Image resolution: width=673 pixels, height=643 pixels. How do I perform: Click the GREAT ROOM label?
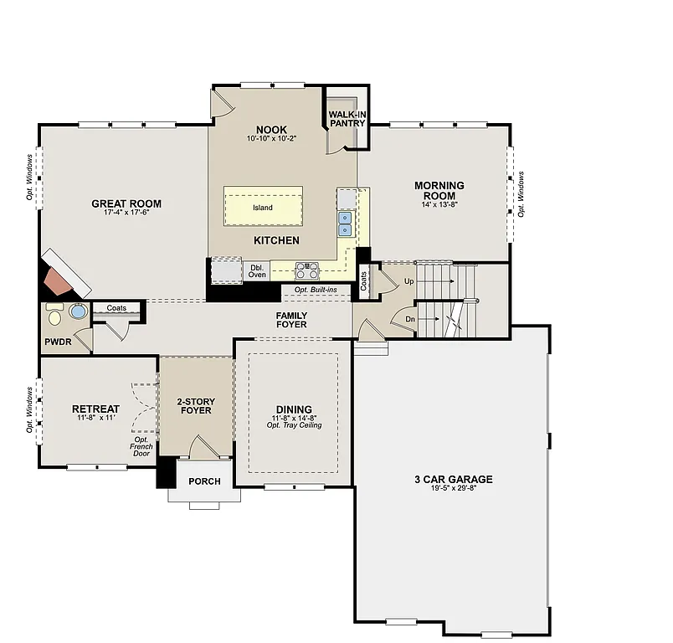[x=126, y=203]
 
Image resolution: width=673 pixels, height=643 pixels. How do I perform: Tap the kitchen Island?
[x=263, y=207]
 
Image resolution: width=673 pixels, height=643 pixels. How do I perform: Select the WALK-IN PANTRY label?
[x=347, y=118]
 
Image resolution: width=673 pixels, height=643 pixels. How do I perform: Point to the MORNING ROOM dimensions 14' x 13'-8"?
[x=439, y=204]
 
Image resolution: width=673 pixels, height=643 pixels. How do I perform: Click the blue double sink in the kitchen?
[x=345, y=223]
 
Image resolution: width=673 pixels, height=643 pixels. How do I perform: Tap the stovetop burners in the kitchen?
[x=307, y=270]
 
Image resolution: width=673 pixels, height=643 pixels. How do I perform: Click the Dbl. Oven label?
[x=257, y=270]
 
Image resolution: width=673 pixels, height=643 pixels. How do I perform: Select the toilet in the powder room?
[x=55, y=315]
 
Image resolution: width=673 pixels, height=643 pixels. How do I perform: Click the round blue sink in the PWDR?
[x=78, y=312]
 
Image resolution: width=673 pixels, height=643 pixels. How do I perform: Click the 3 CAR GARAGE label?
[x=453, y=480]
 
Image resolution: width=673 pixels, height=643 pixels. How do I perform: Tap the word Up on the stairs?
[x=408, y=282]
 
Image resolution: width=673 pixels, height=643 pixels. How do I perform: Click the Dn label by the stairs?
[x=409, y=319]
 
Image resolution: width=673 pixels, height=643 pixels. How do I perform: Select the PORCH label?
[x=204, y=481]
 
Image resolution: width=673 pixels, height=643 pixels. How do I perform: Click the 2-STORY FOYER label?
[x=194, y=405]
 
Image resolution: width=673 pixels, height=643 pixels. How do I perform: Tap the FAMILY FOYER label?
[x=291, y=320]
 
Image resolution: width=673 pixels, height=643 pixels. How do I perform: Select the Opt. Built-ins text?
[x=316, y=290]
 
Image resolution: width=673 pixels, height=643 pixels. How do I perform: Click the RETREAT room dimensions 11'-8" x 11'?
[x=95, y=418]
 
